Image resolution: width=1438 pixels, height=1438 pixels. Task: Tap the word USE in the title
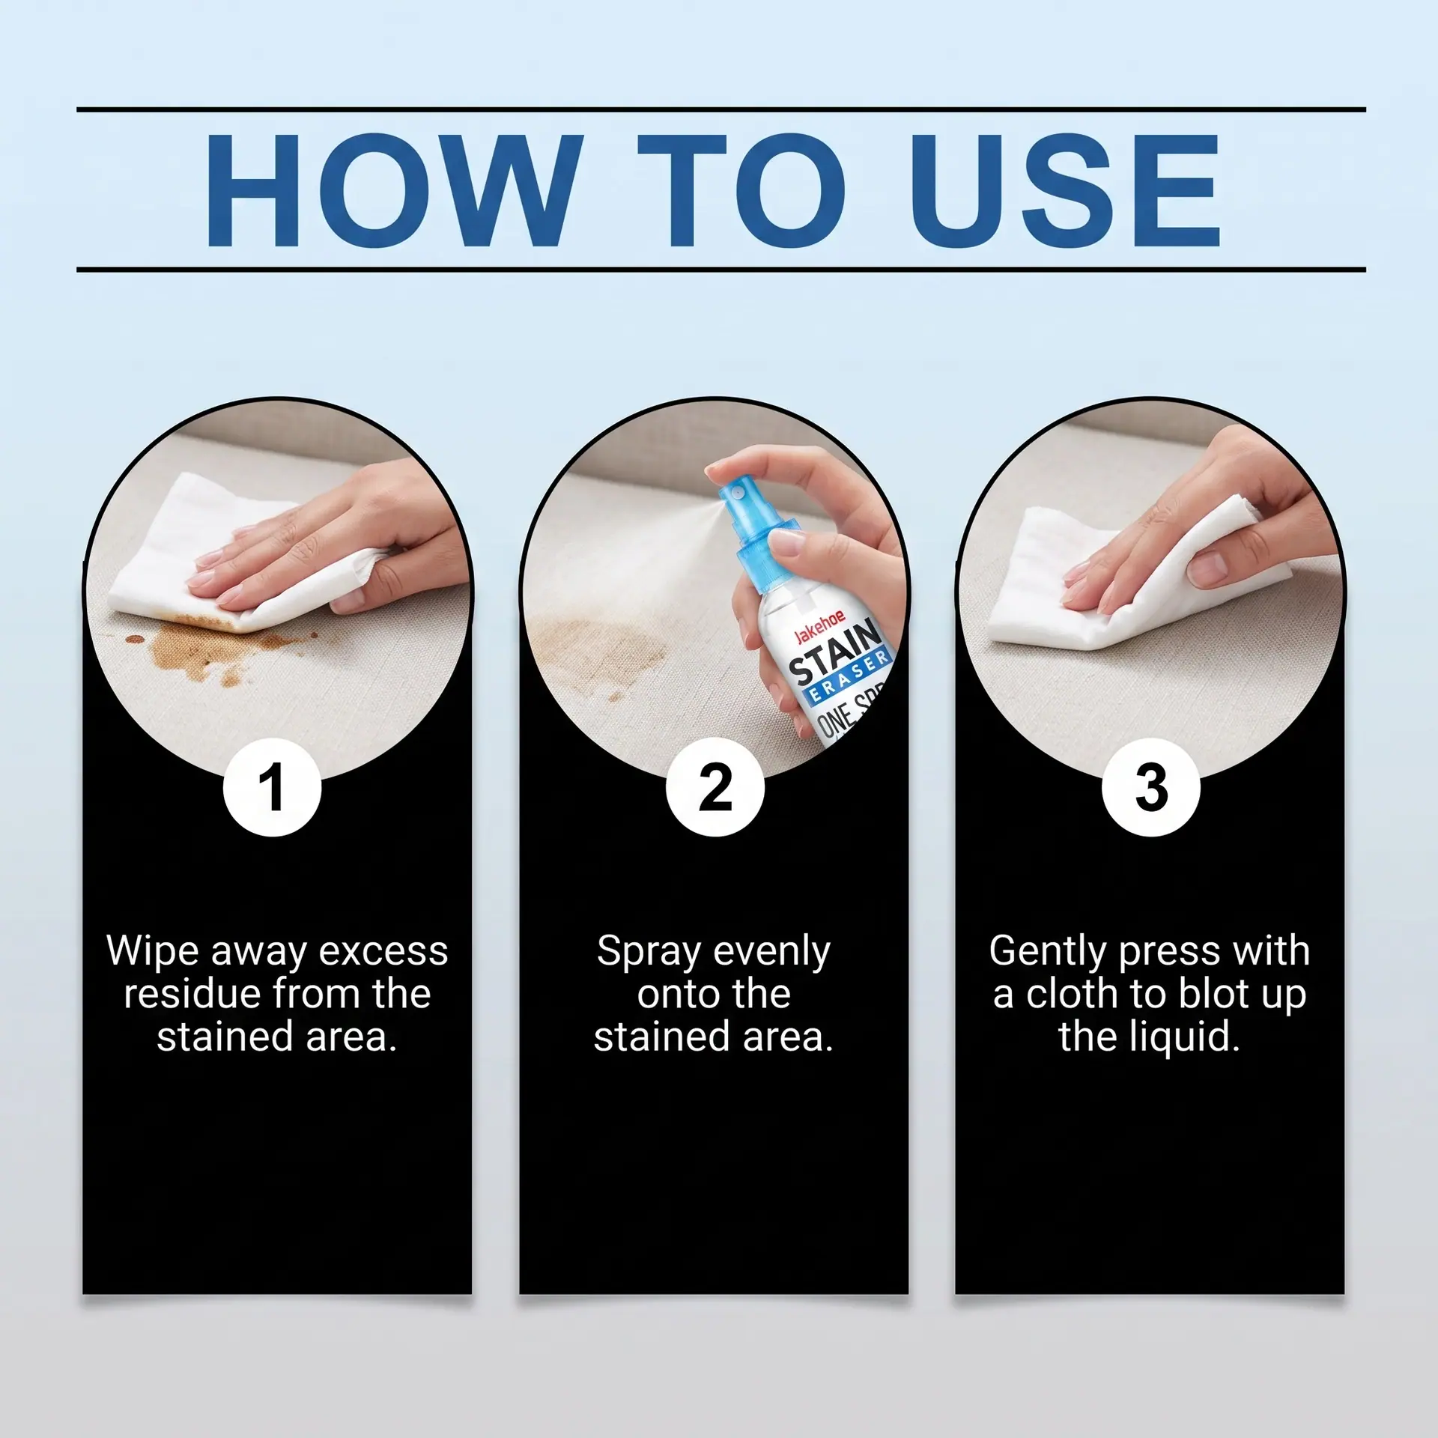coord(1064,190)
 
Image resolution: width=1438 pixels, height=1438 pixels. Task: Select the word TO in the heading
coord(741,190)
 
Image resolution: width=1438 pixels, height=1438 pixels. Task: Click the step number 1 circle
coord(273,787)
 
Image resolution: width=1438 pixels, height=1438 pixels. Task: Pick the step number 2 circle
coord(715,787)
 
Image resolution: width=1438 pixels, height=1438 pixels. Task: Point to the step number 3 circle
coord(1151,787)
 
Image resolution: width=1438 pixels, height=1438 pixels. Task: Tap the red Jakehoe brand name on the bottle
coord(819,627)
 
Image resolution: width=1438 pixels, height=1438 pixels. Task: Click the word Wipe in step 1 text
coord(154,952)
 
